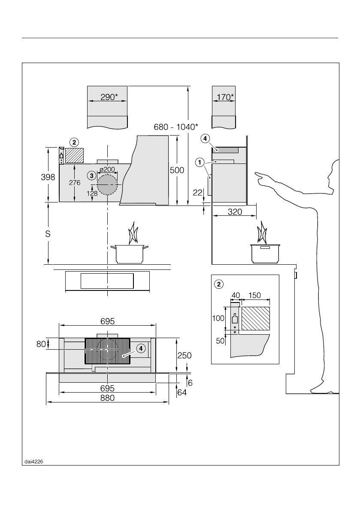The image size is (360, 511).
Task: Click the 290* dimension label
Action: click(x=108, y=97)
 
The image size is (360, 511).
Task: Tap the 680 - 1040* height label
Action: click(x=176, y=127)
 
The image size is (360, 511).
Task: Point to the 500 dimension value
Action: click(x=177, y=170)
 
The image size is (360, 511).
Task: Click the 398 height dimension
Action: click(x=48, y=177)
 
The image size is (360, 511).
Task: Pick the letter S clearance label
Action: click(x=48, y=234)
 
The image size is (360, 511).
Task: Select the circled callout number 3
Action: click(x=92, y=175)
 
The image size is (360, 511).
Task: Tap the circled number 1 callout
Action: click(x=200, y=162)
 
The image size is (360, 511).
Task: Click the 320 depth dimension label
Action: click(x=235, y=212)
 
